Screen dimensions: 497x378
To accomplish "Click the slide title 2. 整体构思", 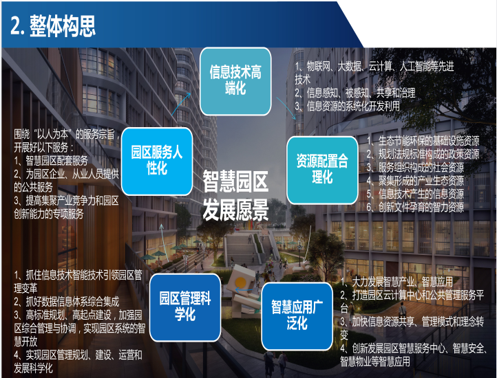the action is (x=53, y=25).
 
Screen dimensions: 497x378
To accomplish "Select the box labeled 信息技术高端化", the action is (x=235, y=81).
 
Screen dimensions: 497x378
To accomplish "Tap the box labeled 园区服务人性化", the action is (x=157, y=161).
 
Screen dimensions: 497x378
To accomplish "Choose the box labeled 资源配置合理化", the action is (x=322, y=170).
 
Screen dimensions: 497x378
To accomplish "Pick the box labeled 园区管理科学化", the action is (x=185, y=307).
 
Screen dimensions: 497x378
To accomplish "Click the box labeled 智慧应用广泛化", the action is (x=297, y=316).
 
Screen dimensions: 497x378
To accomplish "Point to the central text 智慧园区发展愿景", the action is (x=235, y=195).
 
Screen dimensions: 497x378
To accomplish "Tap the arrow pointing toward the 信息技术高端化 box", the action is (x=181, y=104).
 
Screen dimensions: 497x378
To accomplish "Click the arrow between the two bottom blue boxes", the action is (x=244, y=289).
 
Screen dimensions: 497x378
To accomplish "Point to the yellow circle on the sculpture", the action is (x=240, y=282).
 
